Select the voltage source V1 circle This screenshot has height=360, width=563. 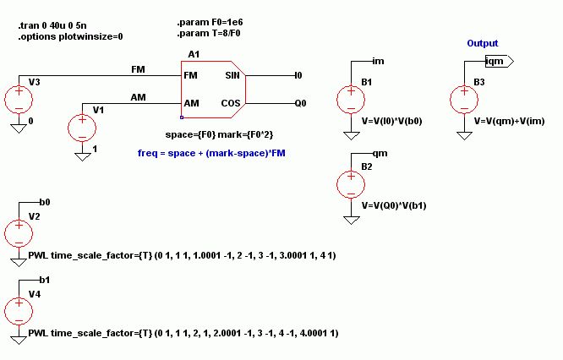82,126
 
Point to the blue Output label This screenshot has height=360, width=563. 482,43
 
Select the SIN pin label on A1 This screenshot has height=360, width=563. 232,76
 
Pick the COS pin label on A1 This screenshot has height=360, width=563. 232,103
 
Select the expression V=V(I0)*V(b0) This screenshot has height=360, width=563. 391,122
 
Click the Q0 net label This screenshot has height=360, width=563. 300,103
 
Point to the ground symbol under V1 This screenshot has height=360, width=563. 82,155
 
